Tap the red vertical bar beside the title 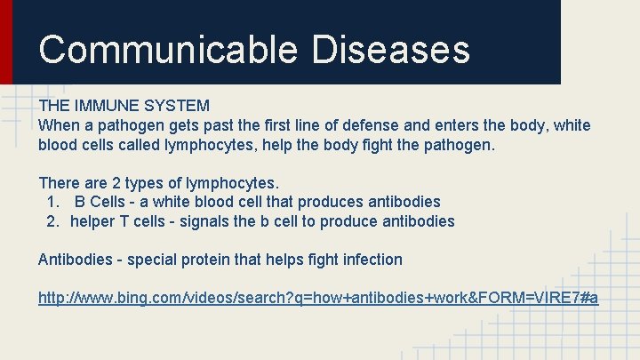(6, 42)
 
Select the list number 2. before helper (53, 220)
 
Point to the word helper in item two (92, 220)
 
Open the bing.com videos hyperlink (317, 298)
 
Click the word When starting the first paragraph (59, 125)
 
